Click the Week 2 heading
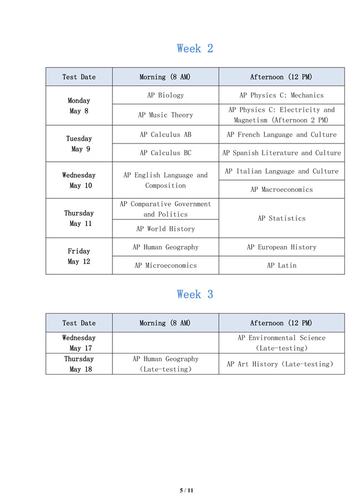pos(195,49)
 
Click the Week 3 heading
pos(195,294)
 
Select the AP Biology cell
pos(165,95)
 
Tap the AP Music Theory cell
pos(165,115)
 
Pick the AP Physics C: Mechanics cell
pos(281,95)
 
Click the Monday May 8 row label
pos(79,106)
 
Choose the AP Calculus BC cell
pos(165,153)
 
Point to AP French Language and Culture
pos(281,135)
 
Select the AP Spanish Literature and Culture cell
pos(281,153)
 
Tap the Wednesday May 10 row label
pos(79,180)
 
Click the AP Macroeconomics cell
pos(281,189)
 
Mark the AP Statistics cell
pos(281,218)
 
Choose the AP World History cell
pos(165,229)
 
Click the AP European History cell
pos(281,247)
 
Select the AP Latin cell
pos(281,265)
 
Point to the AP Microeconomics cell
pos(165,265)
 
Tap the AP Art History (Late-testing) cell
pos(281,364)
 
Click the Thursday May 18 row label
pos(79,364)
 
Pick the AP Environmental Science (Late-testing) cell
pos(281,343)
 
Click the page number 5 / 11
pos(187,490)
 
